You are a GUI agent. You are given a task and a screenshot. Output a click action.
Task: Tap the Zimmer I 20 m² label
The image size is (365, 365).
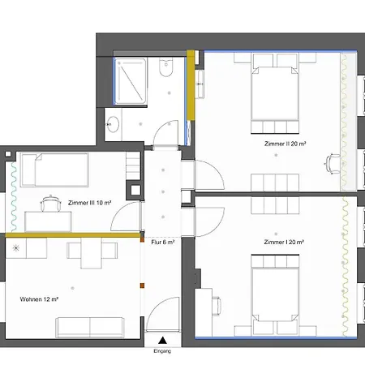pos(283,242)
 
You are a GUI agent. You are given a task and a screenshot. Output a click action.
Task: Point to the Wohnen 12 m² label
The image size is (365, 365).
pos(40,299)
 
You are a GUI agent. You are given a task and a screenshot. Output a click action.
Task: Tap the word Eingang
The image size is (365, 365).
pos(164,352)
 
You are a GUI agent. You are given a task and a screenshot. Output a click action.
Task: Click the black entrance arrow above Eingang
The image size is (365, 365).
pos(164,341)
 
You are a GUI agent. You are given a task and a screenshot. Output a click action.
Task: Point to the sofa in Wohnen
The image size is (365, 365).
pos(88,327)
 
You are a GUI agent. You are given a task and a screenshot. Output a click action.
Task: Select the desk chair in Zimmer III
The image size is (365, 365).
pos(50,202)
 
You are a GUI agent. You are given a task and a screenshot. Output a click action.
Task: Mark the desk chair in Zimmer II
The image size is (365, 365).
pos(333,163)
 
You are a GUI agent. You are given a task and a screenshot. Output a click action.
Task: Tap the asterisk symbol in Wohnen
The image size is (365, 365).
pos(14,247)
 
